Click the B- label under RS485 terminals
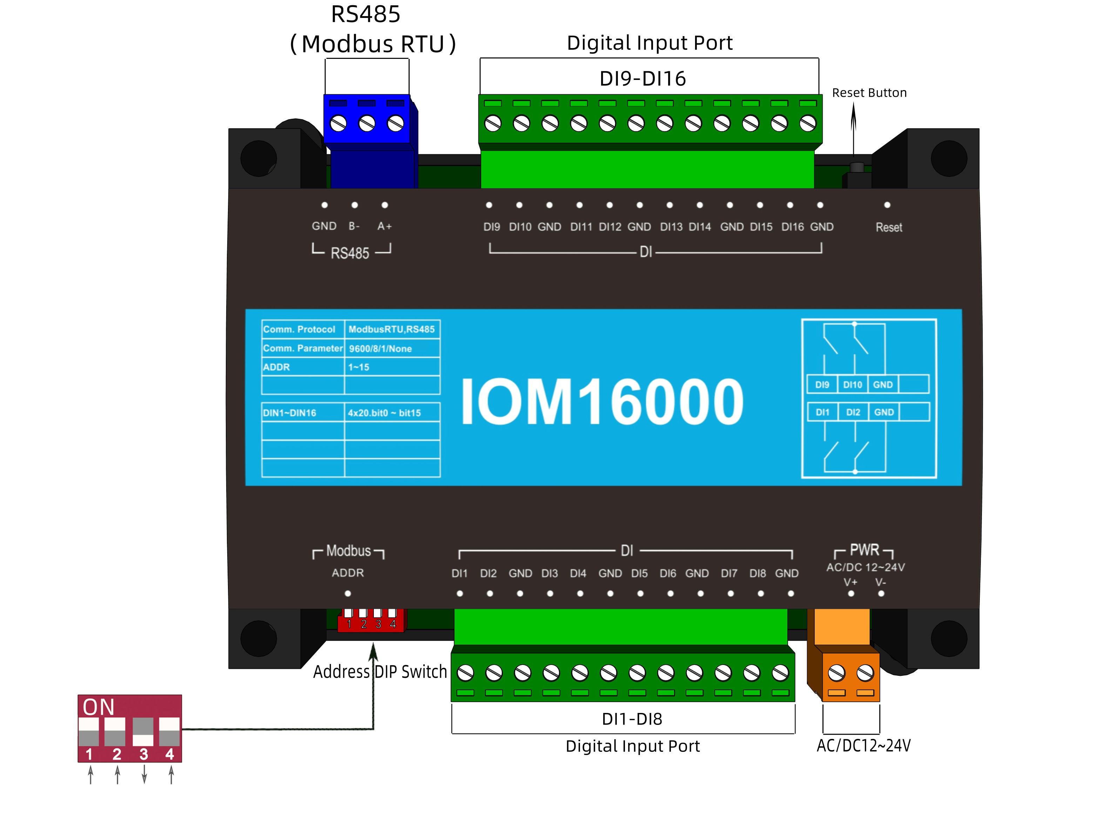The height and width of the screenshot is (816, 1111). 354,226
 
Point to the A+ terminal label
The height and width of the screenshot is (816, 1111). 384,226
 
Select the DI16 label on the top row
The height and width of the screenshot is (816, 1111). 792,227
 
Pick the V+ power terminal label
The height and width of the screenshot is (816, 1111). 850,582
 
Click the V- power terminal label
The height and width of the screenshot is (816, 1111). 881,582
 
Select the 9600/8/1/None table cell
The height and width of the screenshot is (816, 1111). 380,349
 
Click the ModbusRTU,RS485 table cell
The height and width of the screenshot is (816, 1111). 391,329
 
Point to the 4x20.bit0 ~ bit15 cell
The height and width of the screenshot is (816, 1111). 384,413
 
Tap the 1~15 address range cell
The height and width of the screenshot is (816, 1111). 358,367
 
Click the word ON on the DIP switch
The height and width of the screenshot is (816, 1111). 98,707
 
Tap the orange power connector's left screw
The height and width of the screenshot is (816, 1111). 836,673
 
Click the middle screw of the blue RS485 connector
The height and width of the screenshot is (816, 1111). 367,123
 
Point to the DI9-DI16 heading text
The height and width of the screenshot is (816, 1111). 642,79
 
